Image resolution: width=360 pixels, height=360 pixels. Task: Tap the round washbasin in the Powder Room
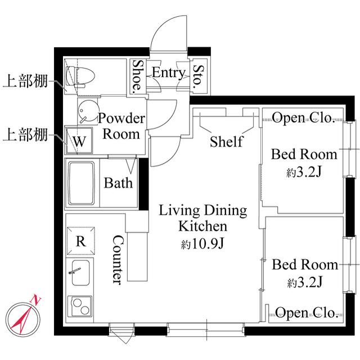[87, 112]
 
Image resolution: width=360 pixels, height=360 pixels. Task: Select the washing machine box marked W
[79, 141]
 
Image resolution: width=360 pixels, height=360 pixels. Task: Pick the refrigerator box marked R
[81, 242]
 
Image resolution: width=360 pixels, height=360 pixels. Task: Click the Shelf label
[226, 141]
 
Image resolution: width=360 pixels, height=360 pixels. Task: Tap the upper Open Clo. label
[304, 118]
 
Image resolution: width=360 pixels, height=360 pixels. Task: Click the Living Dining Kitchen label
[203, 219]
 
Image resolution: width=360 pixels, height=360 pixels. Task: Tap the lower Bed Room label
[304, 264]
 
